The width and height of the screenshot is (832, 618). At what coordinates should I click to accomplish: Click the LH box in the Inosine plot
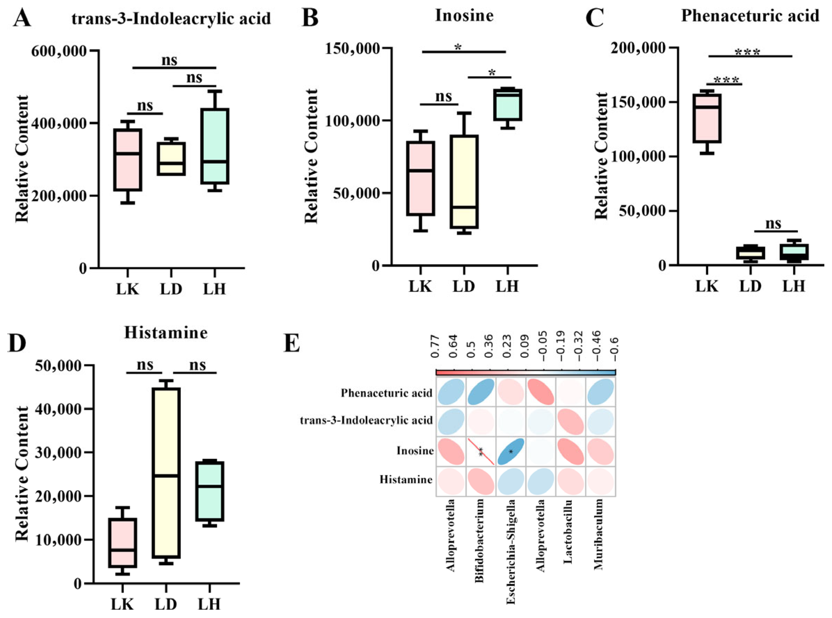[507, 105]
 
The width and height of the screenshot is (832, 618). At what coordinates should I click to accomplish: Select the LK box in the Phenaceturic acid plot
[707, 118]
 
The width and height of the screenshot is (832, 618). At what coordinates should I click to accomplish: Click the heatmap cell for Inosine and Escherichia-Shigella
[511, 452]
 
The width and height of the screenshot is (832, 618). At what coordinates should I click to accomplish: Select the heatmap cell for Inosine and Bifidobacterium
[481, 452]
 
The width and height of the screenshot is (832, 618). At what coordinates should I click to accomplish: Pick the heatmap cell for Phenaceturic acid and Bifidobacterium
[481, 392]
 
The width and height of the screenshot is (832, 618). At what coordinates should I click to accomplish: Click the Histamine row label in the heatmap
[406, 480]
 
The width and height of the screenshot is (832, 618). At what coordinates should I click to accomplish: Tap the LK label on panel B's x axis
[420, 286]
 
